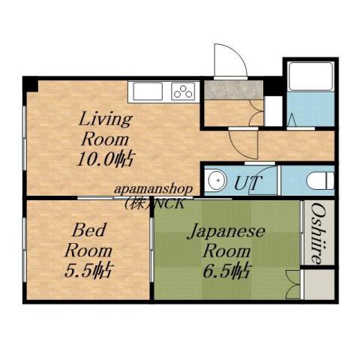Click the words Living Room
[106, 129]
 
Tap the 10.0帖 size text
[106, 159]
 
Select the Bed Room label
[88, 239]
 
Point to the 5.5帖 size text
[88, 269]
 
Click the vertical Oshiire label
[318, 232]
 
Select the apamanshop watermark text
[153, 190]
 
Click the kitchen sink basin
[147, 91]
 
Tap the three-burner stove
[183, 91]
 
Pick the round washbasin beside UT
[217, 181]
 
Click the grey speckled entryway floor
[232, 90]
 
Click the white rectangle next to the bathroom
[274, 110]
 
